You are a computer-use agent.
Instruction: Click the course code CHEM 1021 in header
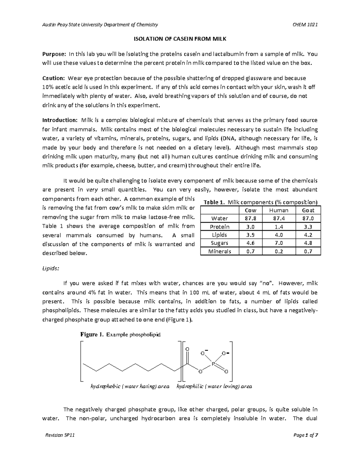(305, 25)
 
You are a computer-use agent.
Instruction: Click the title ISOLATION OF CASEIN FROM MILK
(180, 39)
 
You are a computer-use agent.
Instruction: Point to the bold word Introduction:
(60, 120)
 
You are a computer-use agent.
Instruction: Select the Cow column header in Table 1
(250, 210)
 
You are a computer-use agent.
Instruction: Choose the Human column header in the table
(279, 210)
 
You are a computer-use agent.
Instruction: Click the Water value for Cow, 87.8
(250, 218)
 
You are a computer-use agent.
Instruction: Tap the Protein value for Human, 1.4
(279, 227)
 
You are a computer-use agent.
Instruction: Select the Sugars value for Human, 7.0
(279, 243)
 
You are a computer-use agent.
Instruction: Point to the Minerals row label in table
(220, 251)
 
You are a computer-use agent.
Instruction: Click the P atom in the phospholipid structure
(213, 364)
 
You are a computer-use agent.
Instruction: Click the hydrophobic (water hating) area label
(130, 386)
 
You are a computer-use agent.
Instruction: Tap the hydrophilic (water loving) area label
(214, 386)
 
